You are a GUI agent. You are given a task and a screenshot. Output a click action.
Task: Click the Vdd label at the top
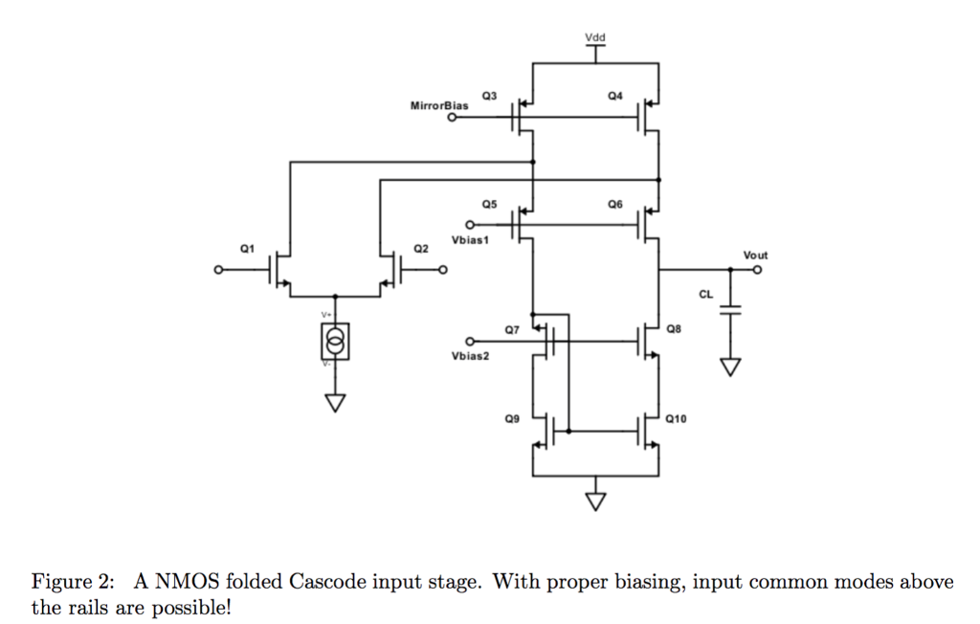click(x=594, y=38)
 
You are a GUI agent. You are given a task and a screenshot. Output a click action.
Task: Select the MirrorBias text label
click(x=439, y=105)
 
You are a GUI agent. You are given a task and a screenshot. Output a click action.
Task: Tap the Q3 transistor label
click(x=489, y=96)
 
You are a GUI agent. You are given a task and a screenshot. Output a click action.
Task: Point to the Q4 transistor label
click(x=614, y=96)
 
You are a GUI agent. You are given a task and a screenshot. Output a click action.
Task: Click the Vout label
click(x=755, y=256)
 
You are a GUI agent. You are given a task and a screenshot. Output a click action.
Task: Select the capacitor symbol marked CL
click(x=731, y=308)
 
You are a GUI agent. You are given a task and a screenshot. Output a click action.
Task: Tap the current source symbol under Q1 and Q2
click(x=334, y=341)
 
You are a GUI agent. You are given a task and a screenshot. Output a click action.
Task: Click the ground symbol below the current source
click(x=334, y=402)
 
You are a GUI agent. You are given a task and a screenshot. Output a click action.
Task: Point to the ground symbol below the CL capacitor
click(x=731, y=368)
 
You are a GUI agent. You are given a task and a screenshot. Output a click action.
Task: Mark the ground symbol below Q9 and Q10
click(x=595, y=500)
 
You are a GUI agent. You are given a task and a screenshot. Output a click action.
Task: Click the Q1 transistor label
click(x=247, y=248)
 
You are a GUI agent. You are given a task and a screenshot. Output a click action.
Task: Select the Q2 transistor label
click(x=420, y=248)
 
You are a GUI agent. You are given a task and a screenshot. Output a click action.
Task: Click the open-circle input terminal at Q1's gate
click(x=218, y=272)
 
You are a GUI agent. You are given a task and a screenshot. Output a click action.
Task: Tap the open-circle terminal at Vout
click(x=758, y=271)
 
